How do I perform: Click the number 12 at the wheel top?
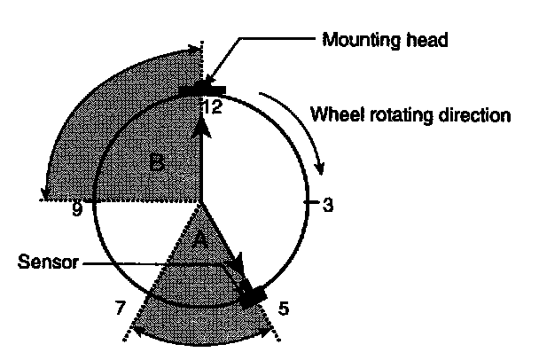click(213, 106)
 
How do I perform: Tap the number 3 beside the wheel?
click(327, 205)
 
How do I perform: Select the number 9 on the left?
click(77, 210)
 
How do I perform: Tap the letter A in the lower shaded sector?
click(200, 239)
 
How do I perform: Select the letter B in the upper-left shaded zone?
click(156, 163)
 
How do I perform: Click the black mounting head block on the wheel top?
click(202, 89)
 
